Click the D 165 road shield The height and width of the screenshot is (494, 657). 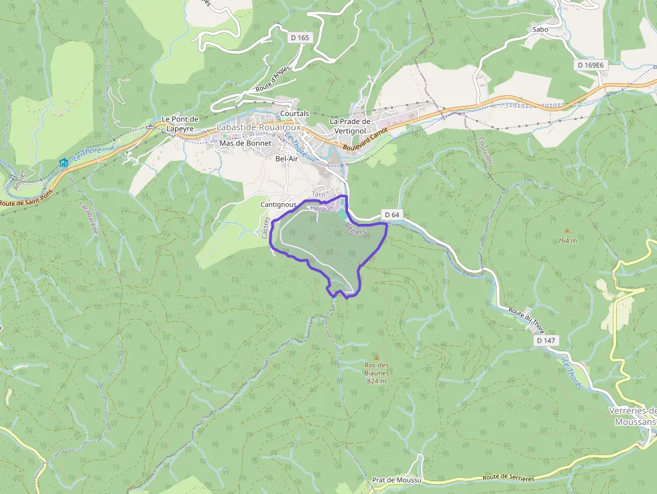click(300, 38)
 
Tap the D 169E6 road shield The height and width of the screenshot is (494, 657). click(591, 65)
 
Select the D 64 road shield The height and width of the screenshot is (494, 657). click(393, 214)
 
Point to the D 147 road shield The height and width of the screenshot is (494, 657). click(546, 341)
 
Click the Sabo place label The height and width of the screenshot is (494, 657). click(540, 29)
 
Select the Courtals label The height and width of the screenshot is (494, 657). click(295, 113)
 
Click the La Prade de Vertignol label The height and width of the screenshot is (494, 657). click(350, 125)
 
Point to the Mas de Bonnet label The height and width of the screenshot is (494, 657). click(246, 143)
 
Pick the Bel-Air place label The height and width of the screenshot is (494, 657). click(286, 159)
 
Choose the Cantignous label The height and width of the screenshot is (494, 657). click(278, 204)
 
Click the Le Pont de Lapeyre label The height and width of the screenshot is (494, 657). click(179, 123)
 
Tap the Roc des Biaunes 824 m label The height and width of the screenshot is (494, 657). click(377, 373)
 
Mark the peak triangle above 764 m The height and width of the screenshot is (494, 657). click(566, 231)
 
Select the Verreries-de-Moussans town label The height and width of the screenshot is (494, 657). click(632, 416)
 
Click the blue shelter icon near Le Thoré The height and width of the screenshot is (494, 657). click(64, 162)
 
